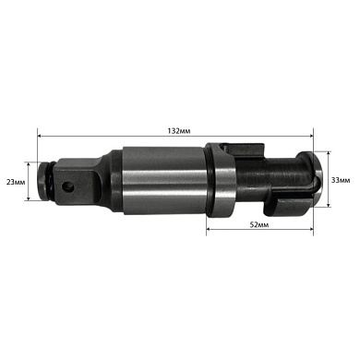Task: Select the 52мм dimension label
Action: tap(259, 225)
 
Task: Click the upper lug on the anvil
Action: tap(244, 150)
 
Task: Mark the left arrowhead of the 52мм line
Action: tap(210, 219)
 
